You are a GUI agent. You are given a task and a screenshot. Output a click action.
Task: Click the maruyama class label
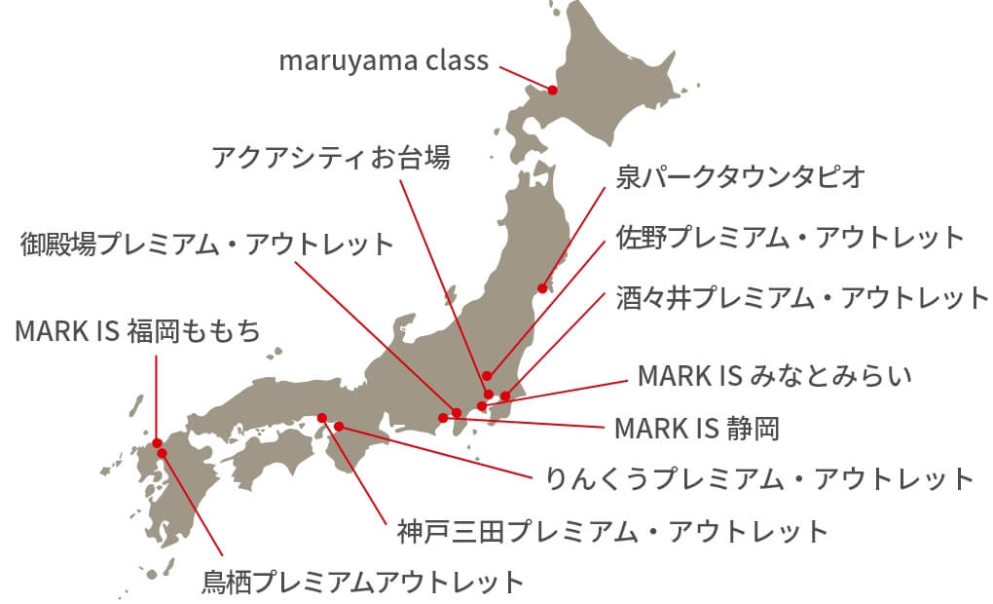(x=384, y=61)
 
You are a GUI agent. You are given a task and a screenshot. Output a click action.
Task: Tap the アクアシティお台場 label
(x=331, y=157)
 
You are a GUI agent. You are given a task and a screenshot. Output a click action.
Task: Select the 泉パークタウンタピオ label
(x=741, y=176)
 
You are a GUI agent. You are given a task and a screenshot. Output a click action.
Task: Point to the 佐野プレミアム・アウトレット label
(x=790, y=237)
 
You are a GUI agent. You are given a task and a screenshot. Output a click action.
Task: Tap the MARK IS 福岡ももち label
(x=138, y=331)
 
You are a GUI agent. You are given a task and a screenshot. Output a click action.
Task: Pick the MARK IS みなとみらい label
(x=775, y=375)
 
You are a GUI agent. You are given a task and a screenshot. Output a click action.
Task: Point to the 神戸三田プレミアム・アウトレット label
(x=612, y=532)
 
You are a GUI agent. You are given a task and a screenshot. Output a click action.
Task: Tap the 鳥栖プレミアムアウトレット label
(x=362, y=583)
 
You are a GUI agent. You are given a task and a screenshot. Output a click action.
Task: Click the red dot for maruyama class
(x=552, y=90)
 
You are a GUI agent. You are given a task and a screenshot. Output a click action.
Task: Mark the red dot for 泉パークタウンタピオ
(x=542, y=288)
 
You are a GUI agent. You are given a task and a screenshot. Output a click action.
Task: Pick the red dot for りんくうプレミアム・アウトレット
(x=339, y=426)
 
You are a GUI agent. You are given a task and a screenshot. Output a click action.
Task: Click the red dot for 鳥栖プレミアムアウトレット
(x=163, y=452)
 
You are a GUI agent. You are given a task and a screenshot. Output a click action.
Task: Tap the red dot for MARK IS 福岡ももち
(x=156, y=441)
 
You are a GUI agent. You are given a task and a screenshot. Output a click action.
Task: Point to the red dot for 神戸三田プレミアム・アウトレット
(x=322, y=418)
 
